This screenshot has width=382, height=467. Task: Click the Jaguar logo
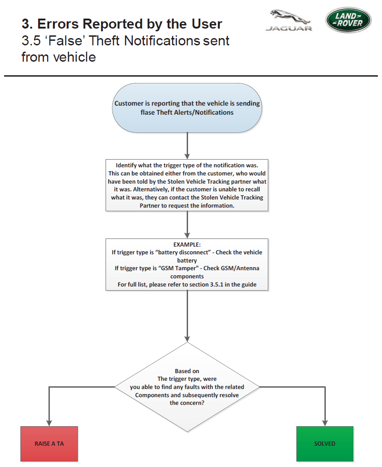click(289, 20)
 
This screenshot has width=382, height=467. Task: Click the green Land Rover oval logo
click(348, 20)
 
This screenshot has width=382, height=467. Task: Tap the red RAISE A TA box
click(49, 443)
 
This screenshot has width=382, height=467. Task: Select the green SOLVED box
click(325, 443)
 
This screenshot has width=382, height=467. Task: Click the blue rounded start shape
click(187, 108)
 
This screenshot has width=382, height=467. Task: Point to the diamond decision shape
click(187, 387)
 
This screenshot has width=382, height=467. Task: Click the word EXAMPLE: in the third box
click(187, 244)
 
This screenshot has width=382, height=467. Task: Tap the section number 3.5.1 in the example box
click(217, 284)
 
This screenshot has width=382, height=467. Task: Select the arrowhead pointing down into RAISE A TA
click(49, 423)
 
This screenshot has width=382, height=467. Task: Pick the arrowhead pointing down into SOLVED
click(325, 423)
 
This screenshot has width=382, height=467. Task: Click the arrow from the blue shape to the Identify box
click(187, 146)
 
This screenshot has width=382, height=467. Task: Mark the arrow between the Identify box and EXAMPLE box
click(187, 225)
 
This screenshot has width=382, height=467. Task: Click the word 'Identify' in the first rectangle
click(126, 165)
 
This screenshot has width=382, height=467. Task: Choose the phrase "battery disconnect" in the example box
click(183, 252)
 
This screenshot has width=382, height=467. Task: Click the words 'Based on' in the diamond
click(187, 371)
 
